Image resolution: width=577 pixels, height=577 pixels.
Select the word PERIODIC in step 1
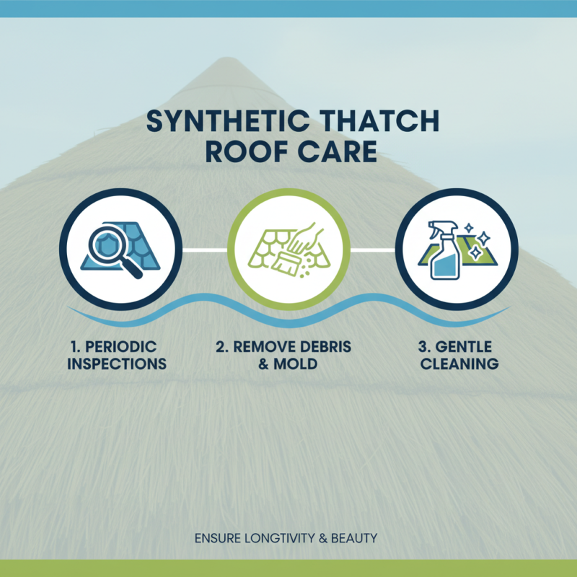(123, 347)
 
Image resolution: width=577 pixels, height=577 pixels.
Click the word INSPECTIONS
(117, 364)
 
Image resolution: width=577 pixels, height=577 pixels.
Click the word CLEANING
(459, 364)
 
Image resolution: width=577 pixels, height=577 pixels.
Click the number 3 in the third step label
(425, 347)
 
